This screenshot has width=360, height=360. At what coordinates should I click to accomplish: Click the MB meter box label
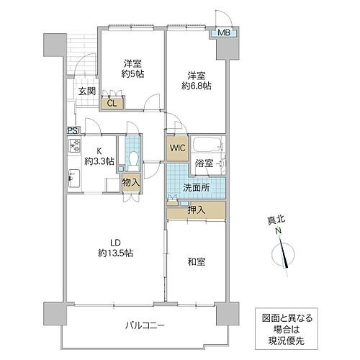(x=223, y=32)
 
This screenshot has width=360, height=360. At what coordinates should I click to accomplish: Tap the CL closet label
(x=112, y=103)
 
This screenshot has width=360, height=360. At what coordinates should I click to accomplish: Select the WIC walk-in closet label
(x=178, y=148)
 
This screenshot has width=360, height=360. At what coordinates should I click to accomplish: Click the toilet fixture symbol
(x=131, y=158)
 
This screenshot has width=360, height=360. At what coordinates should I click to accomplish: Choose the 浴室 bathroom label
(x=204, y=163)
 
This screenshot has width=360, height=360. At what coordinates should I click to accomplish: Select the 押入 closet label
(x=196, y=210)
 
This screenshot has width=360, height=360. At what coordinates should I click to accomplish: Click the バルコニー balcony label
(x=143, y=326)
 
